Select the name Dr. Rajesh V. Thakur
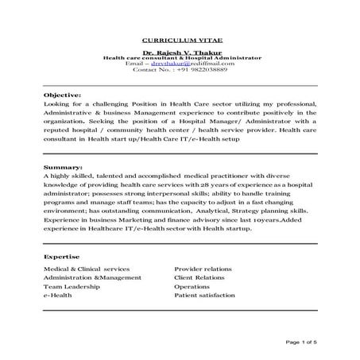(180, 52)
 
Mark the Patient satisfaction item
(204, 295)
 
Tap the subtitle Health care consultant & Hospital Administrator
(180, 59)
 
